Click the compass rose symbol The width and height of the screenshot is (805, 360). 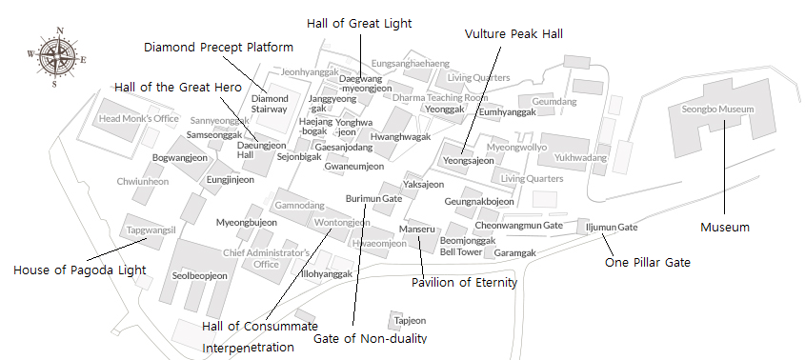click(x=59, y=56)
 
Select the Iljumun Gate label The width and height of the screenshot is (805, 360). click(x=612, y=228)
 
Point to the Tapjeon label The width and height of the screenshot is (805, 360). click(x=410, y=321)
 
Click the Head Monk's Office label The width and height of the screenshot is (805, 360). click(x=139, y=119)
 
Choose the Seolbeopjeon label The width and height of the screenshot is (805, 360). click(x=200, y=276)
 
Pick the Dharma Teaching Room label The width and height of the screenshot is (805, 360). click(x=440, y=97)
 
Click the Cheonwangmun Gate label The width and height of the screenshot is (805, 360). click(x=519, y=225)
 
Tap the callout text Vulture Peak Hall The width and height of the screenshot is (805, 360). click(x=513, y=33)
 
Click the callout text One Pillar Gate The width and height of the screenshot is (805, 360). click(x=648, y=262)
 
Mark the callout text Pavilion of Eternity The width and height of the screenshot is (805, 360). click(x=464, y=282)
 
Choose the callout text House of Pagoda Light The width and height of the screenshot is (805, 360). click(x=80, y=270)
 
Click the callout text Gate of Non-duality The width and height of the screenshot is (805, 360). click(x=370, y=338)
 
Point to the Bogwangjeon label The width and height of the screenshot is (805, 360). click(x=180, y=157)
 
